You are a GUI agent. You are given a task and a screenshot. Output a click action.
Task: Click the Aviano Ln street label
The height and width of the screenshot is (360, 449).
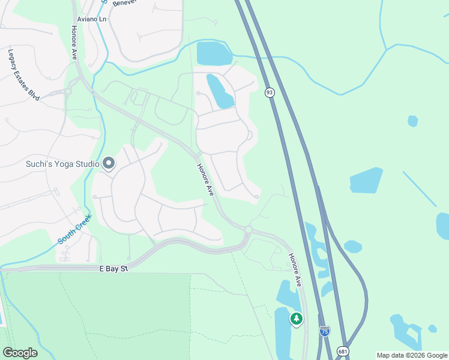point(91,19)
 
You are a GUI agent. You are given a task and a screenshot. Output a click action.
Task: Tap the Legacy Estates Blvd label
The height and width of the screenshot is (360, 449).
point(23,74)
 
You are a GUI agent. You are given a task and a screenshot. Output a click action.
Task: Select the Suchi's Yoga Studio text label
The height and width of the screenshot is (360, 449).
point(63,163)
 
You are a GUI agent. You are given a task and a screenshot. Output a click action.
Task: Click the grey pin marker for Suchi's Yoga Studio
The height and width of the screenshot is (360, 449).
point(109,163)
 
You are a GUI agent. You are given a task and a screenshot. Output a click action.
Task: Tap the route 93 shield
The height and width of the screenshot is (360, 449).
point(270,92)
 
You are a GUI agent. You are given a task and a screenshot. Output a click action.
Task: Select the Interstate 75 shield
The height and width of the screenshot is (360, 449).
point(324,331)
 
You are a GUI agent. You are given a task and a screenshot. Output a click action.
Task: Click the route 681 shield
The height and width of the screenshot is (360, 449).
point(342,350)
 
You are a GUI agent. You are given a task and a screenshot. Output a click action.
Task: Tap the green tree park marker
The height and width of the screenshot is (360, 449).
point(296,319)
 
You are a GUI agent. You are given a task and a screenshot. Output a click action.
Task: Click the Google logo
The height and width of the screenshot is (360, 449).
point(20,352)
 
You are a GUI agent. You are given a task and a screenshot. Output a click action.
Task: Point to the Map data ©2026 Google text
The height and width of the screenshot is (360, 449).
point(412,355)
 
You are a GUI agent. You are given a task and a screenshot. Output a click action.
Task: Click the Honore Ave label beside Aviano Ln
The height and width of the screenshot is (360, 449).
point(74,42)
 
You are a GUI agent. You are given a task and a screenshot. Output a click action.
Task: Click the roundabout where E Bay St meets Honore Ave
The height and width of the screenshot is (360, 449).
point(248,230)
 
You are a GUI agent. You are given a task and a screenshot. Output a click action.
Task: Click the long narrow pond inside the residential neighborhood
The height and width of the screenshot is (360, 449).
point(219,91)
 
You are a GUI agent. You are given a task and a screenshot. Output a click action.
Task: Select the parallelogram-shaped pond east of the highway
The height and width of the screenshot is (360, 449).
point(366,180)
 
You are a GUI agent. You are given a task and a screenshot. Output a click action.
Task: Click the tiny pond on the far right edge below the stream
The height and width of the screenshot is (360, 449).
point(412,121)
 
